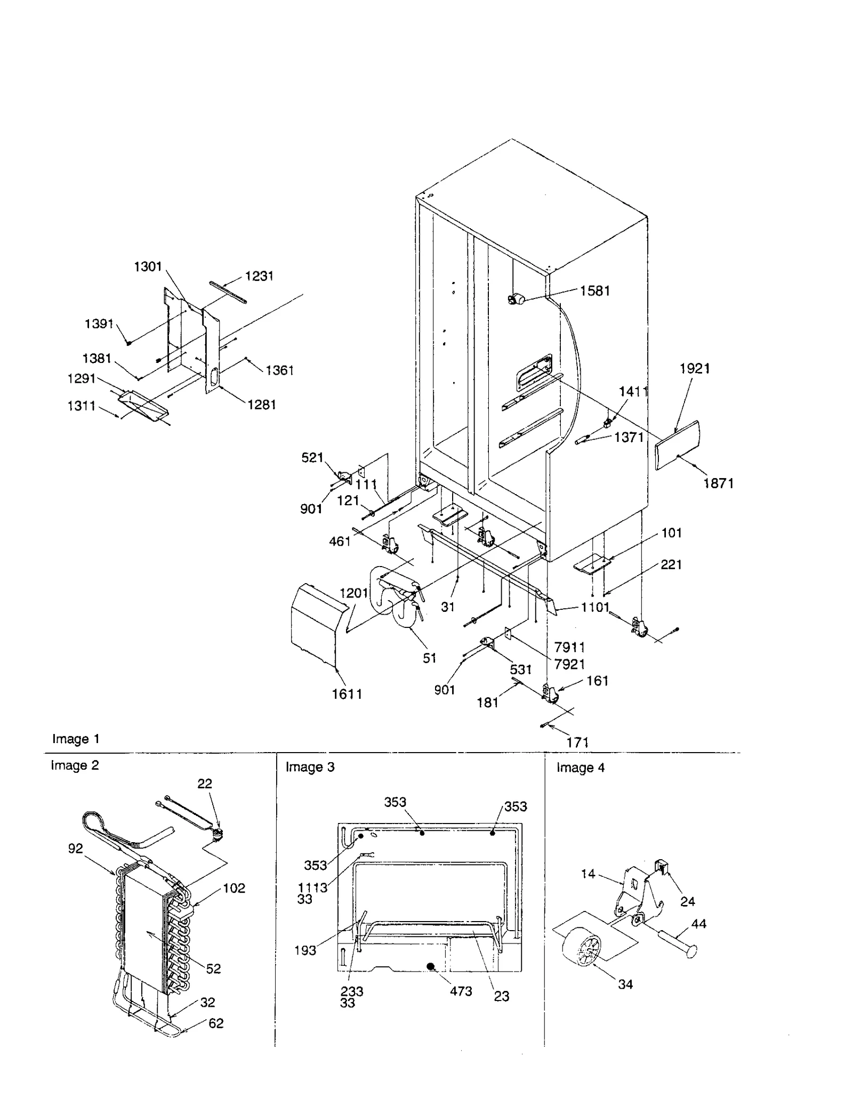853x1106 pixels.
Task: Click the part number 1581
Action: coord(594,291)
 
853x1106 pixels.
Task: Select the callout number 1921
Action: coord(695,368)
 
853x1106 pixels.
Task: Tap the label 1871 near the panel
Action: coord(718,483)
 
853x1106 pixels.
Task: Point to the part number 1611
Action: coord(347,694)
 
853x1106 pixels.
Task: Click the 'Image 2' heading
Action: coord(75,765)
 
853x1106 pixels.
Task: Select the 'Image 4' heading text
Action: coord(581,768)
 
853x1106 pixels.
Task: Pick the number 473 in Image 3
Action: coord(461,991)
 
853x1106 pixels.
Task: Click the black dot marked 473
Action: coord(431,966)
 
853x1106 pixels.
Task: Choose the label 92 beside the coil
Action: coord(76,849)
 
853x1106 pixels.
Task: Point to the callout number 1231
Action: coord(259,276)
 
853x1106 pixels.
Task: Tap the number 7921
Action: coord(569,664)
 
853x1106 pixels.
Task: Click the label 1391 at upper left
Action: coord(99,324)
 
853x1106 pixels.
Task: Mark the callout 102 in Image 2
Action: coord(234,888)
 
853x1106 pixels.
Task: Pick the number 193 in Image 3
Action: coord(305,950)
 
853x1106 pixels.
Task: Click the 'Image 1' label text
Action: coord(76,739)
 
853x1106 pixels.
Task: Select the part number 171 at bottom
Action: coord(577,742)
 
